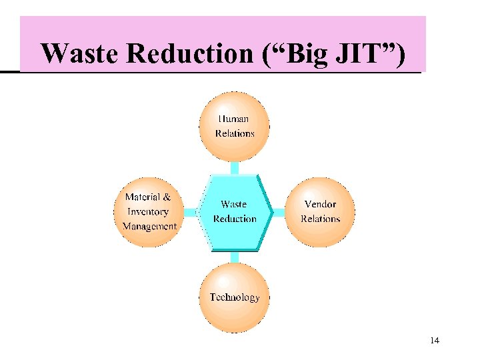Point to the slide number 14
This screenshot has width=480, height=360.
(435, 341)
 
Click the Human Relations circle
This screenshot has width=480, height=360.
(235, 126)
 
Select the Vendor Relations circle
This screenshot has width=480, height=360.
(320, 211)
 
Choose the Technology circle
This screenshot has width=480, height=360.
(235, 297)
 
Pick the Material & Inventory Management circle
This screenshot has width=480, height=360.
(149, 211)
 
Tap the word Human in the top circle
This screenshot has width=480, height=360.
(234, 119)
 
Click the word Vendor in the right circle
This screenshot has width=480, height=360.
(320, 204)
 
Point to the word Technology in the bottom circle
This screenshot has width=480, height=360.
(235, 297)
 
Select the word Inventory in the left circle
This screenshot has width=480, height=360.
(148, 211)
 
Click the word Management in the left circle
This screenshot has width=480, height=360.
(150, 226)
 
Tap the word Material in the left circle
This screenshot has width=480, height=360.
(143, 197)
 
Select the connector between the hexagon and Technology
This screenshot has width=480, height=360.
(235, 257)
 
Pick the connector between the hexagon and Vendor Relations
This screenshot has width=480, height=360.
(279, 212)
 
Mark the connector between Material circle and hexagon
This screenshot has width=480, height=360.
(191, 212)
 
